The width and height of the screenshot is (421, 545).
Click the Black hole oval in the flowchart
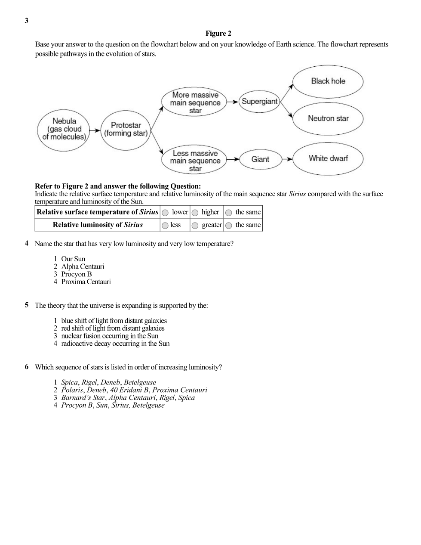[x=328, y=81]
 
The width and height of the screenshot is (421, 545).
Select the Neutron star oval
[x=328, y=118]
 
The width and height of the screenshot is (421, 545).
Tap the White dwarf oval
[x=328, y=158]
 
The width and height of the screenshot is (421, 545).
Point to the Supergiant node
[x=259, y=102]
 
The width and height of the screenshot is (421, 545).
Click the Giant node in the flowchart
[x=260, y=159]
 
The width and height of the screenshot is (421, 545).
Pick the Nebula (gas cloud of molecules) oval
[x=64, y=129]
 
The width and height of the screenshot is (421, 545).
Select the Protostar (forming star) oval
[x=126, y=129]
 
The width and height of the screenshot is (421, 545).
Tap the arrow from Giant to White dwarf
[x=287, y=159]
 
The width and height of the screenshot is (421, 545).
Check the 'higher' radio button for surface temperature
[x=195, y=213]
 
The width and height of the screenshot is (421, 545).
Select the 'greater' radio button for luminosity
[x=195, y=226]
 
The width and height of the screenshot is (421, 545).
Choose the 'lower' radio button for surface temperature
[x=165, y=213]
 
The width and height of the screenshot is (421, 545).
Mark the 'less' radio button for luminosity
[x=165, y=226]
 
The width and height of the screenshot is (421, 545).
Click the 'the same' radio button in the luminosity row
[x=229, y=226]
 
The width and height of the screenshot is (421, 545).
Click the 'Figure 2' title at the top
[x=218, y=34]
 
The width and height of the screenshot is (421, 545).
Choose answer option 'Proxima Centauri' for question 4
[x=86, y=282]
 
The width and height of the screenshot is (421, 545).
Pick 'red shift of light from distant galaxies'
[x=113, y=328]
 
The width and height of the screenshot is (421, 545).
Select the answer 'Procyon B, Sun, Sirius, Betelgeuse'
[x=113, y=406]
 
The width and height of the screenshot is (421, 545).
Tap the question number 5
[x=27, y=305]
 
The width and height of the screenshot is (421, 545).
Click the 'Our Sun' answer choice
[x=73, y=259]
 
